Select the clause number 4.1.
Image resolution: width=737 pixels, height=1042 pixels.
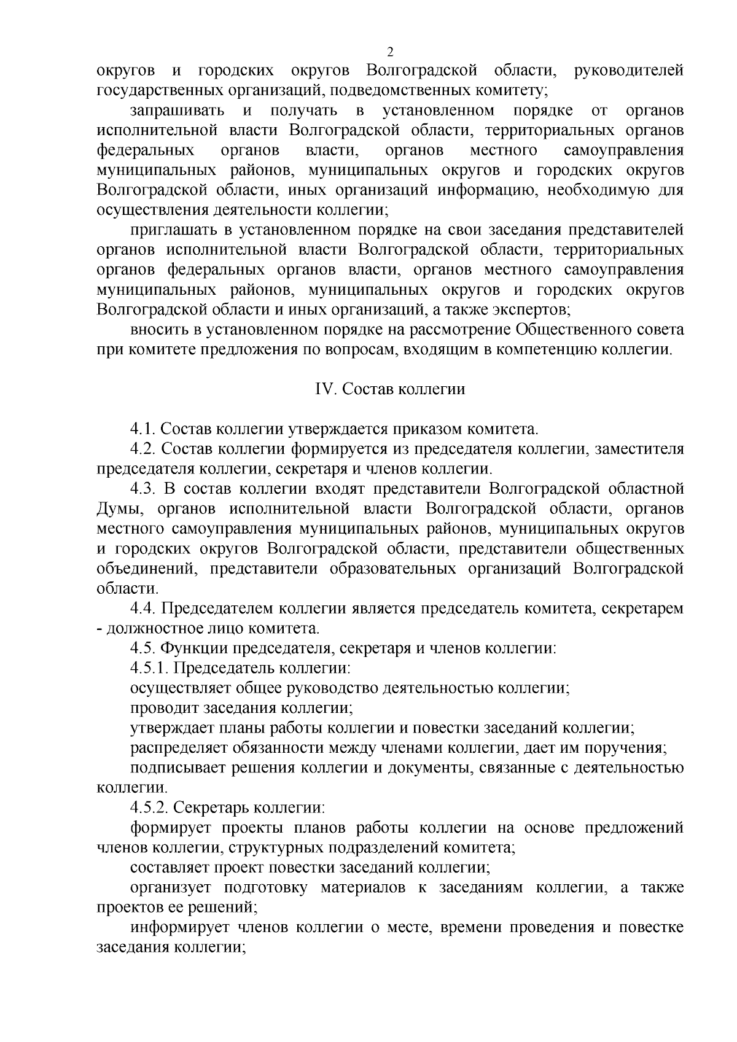[x=143, y=429]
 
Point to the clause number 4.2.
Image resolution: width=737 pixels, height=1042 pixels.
[x=143, y=449]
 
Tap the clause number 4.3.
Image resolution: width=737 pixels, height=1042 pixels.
[x=143, y=489]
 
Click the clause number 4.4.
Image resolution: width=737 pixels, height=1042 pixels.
[x=143, y=608]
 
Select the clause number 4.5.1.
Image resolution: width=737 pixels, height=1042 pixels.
[x=150, y=668]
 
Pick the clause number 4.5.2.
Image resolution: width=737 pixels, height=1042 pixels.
[x=150, y=807]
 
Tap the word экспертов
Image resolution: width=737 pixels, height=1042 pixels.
[x=534, y=309]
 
